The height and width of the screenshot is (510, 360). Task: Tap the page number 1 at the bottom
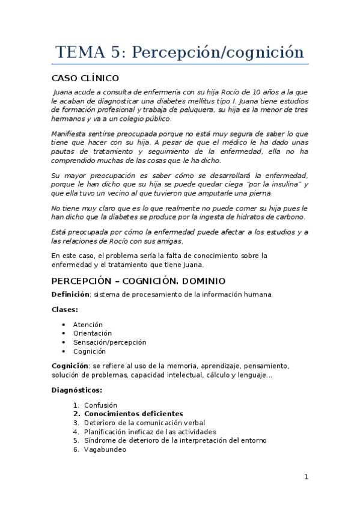306,477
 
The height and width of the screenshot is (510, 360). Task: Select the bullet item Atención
88,324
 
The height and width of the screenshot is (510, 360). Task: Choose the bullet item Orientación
93,333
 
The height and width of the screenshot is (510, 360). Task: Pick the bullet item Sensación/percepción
109,342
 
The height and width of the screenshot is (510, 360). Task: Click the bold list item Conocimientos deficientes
133,414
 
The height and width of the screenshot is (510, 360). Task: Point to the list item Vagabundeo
105,449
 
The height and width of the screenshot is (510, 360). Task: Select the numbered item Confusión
100,405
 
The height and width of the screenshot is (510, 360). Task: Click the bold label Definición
70,294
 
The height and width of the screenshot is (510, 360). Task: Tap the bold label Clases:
65,309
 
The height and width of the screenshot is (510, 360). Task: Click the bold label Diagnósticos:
77,390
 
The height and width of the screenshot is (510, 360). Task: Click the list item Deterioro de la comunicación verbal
144,422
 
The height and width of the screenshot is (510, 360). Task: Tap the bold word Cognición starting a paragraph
70,366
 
